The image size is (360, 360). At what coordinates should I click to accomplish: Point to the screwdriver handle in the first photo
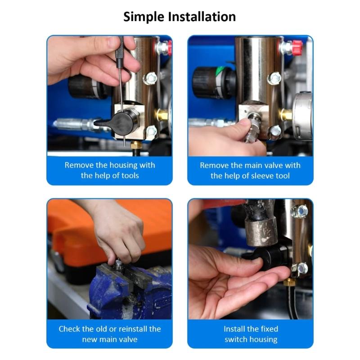[119, 49]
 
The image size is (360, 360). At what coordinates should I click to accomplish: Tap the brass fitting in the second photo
[285, 115]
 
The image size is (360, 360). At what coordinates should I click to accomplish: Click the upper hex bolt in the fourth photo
[299, 211]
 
